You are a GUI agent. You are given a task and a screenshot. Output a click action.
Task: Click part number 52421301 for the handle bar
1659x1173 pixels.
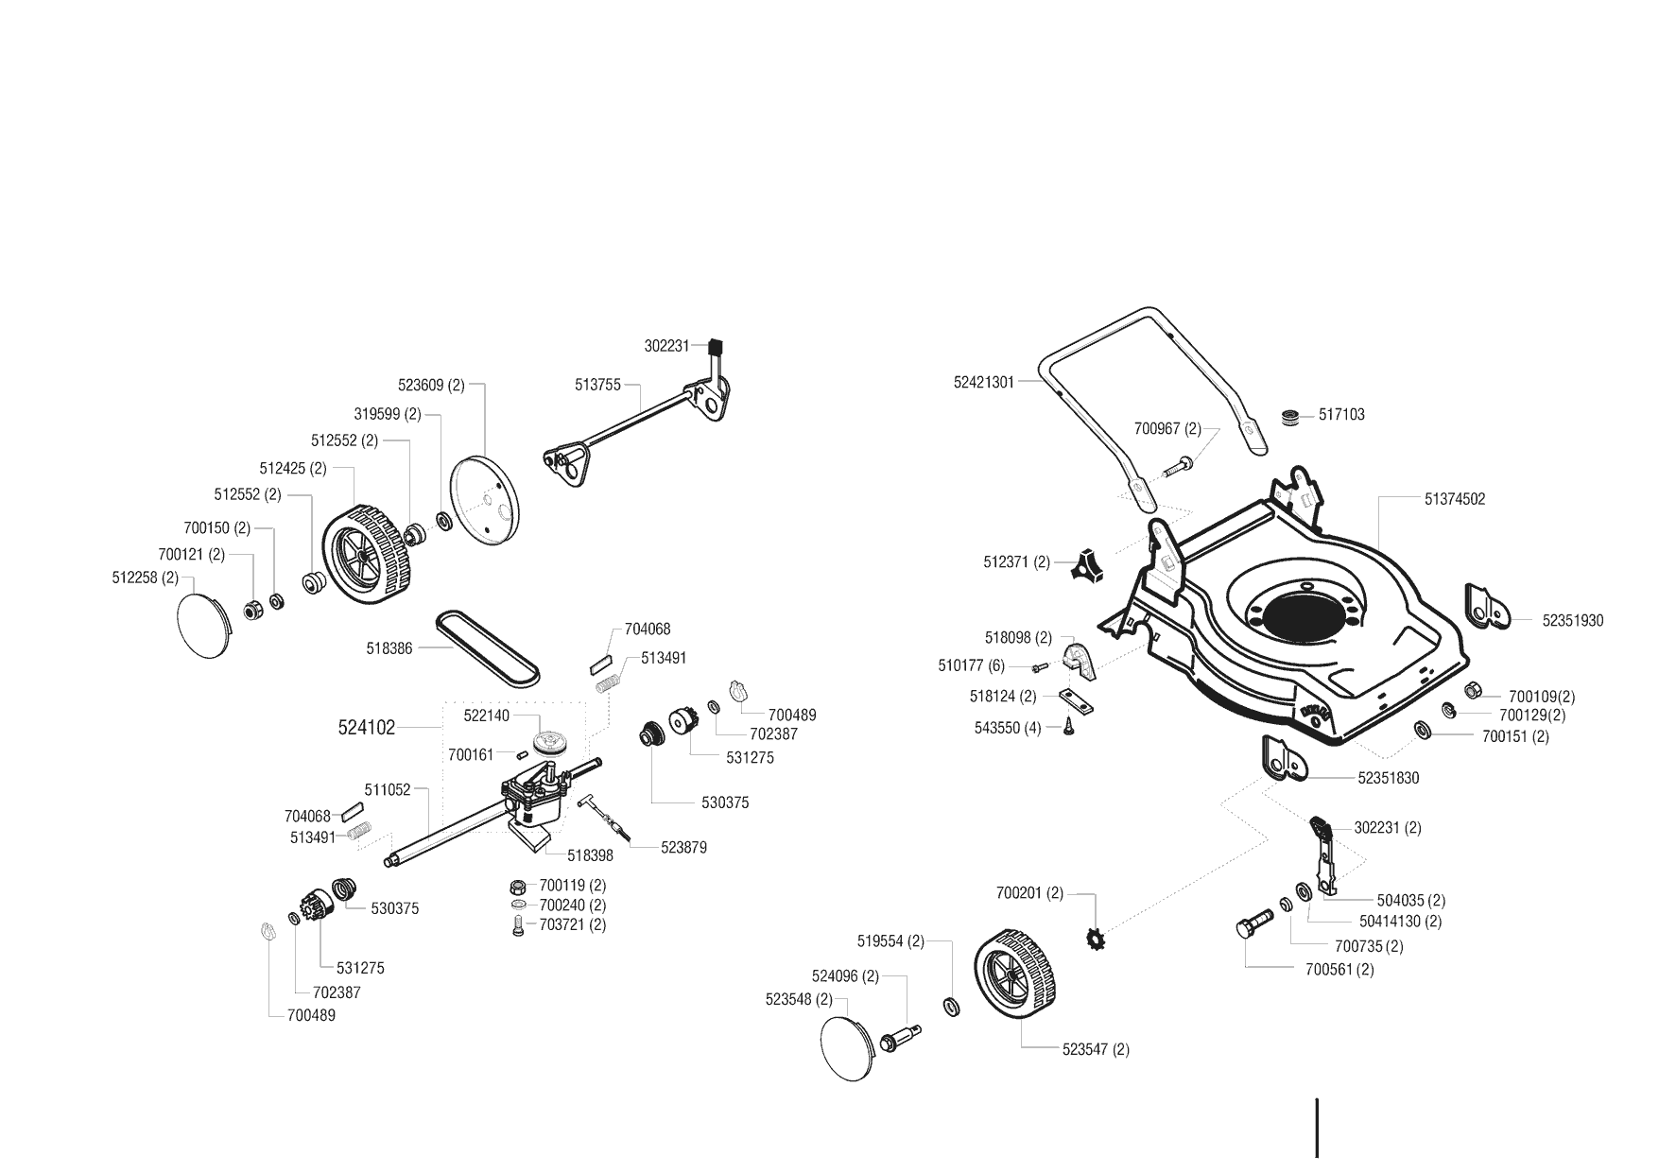click(983, 383)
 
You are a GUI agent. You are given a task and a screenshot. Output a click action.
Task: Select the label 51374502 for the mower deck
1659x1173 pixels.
click(1455, 499)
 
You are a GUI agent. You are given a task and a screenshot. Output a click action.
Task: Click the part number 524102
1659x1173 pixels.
click(367, 728)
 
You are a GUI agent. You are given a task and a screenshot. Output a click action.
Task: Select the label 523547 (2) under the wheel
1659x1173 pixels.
click(1096, 1049)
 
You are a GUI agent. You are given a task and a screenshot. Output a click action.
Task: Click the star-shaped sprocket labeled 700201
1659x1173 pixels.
click(1097, 940)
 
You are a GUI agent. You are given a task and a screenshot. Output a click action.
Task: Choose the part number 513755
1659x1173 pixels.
click(597, 385)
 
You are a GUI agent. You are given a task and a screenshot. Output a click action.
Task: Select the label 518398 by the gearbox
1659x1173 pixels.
click(591, 855)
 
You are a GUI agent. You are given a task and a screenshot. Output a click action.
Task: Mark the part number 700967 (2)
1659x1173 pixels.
click(1167, 429)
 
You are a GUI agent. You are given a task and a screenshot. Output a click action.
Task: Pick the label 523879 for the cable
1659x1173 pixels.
click(683, 848)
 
